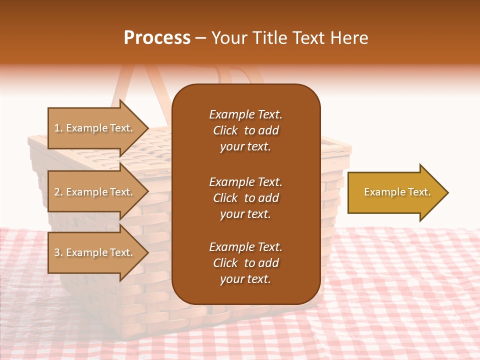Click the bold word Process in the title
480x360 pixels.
pyautogui.click(x=157, y=38)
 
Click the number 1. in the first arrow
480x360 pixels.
pyautogui.click(x=58, y=128)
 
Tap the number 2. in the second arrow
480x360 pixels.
pyautogui.click(x=58, y=192)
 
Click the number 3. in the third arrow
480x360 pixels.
pyautogui.click(x=58, y=252)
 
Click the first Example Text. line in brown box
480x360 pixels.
pyautogui.click(x=245, y=114)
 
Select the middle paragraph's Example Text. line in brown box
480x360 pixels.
pyautogui.click(x=245, y=182)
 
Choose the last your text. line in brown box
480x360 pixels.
pyautogui.click(x=245, y=279)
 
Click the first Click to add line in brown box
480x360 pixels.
pyautogui.click(x=245, y=130)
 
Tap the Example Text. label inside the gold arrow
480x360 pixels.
pyautogui.click(x=397, y=192)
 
